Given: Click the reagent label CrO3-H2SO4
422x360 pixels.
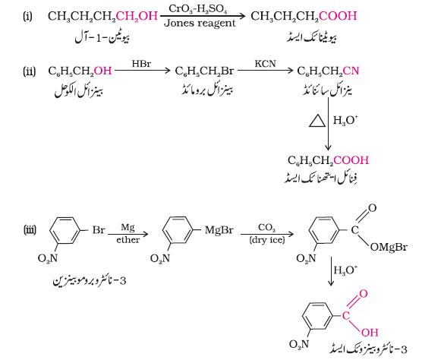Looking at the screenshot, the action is [x=198, y=9].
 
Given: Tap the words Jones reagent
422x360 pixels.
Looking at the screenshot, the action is [x=200, y=24].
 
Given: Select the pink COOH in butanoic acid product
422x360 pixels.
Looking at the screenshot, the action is [x=338, y=16].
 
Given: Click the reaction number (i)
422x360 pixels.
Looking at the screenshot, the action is [x=27, y=17].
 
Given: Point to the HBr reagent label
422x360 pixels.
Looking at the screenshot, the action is [x=142, y=64].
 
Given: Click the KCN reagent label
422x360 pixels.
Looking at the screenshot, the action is [x=266, y=64].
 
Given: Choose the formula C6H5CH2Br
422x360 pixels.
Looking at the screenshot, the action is [x=204, y=71].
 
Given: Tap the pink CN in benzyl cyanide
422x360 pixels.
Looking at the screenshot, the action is [x=351, y=71].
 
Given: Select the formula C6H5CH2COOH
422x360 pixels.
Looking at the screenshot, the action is [x=328, y=160].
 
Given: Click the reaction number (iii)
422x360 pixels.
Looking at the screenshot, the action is [x=30, y=230].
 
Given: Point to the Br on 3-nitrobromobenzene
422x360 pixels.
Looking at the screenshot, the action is [x=99, y=230].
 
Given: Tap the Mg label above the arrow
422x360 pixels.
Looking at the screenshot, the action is [x=128, y=228].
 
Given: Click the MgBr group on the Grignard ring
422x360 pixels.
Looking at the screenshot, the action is [x=219, y=230].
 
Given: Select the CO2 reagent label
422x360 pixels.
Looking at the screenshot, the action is [x=266, y=228].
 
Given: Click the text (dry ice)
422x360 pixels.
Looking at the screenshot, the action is [x=267, y=240].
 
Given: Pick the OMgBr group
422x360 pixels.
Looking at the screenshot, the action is [x=389, y=247].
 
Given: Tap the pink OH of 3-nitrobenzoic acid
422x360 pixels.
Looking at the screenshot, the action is [x=370, y=333].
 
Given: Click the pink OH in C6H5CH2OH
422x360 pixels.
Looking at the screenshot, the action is [x=102, y=71].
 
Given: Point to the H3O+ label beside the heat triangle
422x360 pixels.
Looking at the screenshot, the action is [x=345, y=120].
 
